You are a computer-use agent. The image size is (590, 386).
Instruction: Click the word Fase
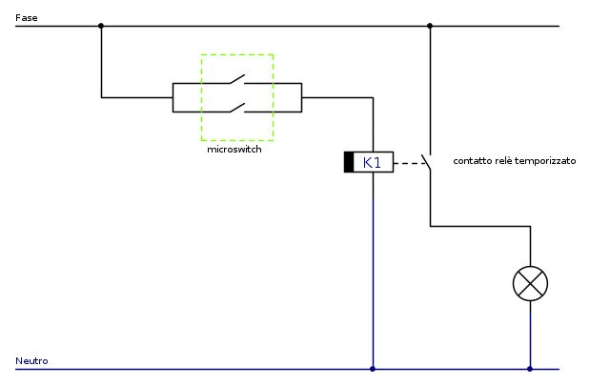pyautogui.click(x=26, y=17)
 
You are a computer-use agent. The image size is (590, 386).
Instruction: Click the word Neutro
pyautogui.click(x=31, y=361)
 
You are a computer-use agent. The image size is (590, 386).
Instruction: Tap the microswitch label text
pyautogui.click(x=234, y=150)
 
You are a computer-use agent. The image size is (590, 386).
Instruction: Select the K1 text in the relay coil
pyautogui.click(x=373, y=163)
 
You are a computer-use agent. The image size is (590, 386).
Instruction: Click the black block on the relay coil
pyautogui.click(x=349, y=163)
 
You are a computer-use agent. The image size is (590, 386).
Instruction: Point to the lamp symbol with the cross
pyautogui.click(x=530, y=283)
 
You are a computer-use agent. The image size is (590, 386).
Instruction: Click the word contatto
pyautogui.click(x=473, y=162)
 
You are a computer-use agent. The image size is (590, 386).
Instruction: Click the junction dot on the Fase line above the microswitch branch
pyautogui.click(x=101, y=26)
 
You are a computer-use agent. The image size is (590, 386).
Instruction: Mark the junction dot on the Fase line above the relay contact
pyautogui.click(x=430, y=26)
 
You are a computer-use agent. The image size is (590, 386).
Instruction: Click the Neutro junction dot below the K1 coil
pyautogui.click(x=373, y=369)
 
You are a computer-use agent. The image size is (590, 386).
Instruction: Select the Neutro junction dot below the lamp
pyautogui.click(x=530, y=369)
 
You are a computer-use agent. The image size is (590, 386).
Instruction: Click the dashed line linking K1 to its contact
pyautogui.click(x=410, y=163)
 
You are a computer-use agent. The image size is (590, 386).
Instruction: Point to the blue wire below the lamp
pyautogui.click(x=530, y=334)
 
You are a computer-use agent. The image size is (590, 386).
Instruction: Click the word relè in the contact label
pyautogui.click(x=504, y=162)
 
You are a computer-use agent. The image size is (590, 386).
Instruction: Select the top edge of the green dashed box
pyautogui.click(x=236, y=54)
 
